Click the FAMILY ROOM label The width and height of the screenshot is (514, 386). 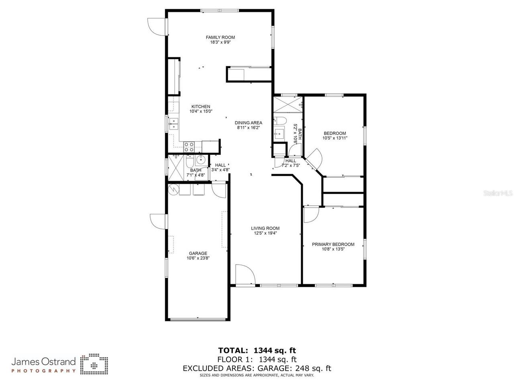[x=220, y=37]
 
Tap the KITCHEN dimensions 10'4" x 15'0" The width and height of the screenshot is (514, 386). [x=201, y=111]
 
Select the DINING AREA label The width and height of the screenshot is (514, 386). [x=249, y=123]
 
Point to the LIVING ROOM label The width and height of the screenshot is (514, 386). [x=265, y=228]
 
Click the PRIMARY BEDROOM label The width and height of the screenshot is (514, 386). [x=333, y=244]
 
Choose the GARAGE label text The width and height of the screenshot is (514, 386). [x=198, y=253]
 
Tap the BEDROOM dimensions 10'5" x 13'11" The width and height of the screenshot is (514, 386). [x=335, y=138]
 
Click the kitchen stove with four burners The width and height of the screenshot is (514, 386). [x=189, y=147]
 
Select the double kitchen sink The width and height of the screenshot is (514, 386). [x=173, y=123]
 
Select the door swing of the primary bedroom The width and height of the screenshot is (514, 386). [x=311, y=214]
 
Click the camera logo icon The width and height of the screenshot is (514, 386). [x=94, y=364]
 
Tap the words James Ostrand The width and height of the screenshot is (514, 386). [x=43, y=361]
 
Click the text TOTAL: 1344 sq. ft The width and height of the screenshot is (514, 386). [x=257, y=350]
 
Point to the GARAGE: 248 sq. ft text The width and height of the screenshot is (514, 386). [x=297, y=368]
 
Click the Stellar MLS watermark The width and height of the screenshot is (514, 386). [x=498, y=193]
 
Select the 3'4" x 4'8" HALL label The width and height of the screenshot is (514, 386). [x=220, y=167]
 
